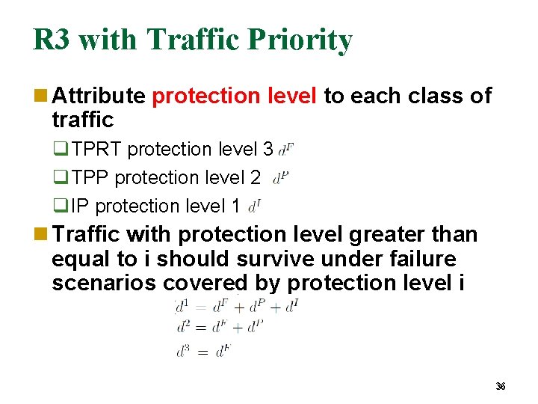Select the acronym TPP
pyautogui.click(x=90, y=178)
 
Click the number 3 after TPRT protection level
pyautogui.click(x=268, y=150)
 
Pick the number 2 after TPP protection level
pyautogui.click(x=256, y=178)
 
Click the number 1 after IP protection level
pyautogui.click(x=236, y=206)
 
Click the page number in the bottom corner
pyautogui.click(x=501, y=386)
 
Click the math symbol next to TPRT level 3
pyautogui.click(x=285, y=150)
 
